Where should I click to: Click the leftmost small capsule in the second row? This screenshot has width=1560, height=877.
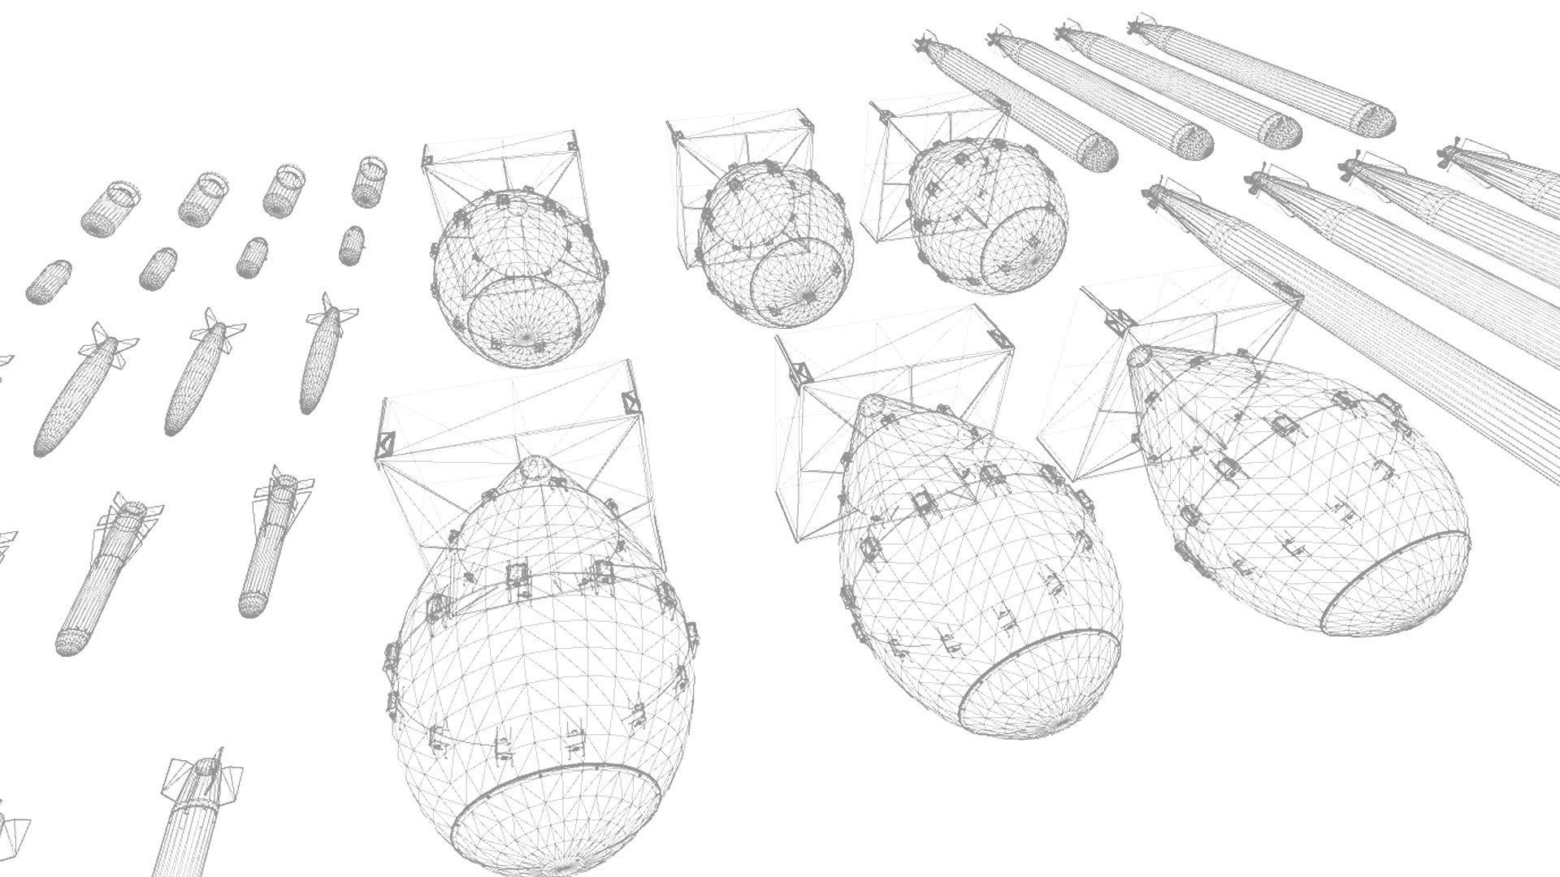48,282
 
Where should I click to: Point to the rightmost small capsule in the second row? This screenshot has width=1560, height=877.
351,245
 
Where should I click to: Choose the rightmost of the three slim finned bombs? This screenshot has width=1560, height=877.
321,357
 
